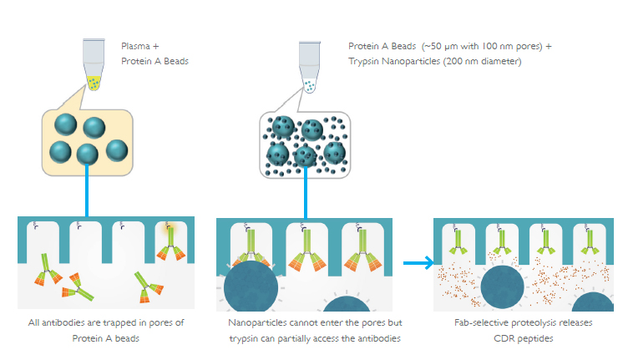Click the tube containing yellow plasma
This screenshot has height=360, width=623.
point(94,63)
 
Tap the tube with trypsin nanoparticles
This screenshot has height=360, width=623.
point(310,66)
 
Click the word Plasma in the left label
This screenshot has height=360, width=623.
point(135,46)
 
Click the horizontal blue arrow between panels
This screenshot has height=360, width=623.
point(418,262)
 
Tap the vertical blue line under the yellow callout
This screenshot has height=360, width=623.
point(87,190)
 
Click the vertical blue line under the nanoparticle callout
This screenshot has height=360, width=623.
point(306,192)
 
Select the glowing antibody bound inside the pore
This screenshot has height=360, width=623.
point(171,242)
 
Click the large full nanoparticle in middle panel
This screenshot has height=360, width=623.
point(251,286)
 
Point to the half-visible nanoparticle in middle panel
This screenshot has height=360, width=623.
point(347,304)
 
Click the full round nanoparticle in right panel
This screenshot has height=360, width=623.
point(502,286)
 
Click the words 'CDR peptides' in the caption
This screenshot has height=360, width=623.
point(524,338)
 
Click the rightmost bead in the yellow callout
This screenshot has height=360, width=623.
point(117,150)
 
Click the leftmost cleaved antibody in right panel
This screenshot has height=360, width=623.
point(458,242)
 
